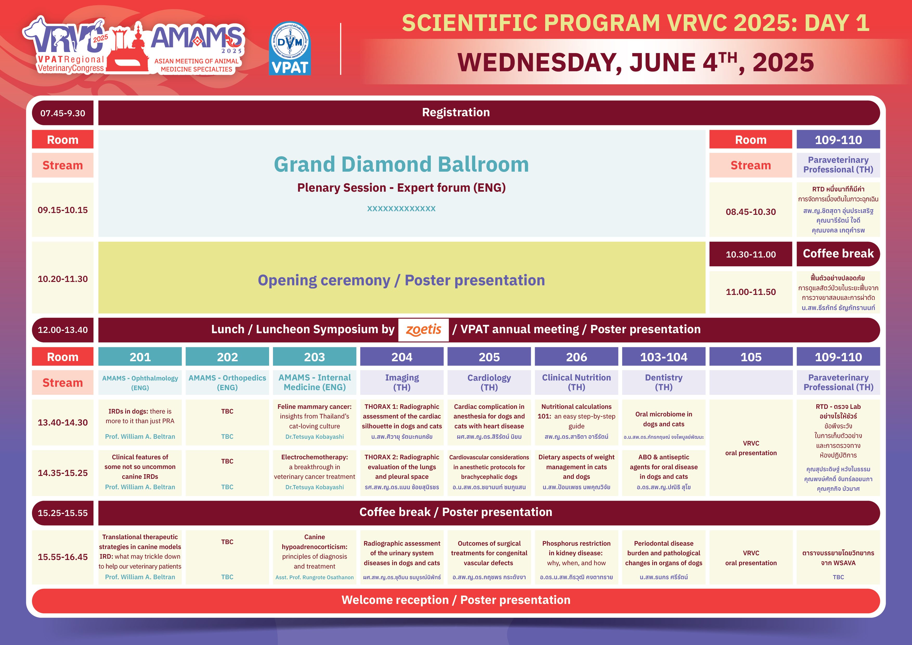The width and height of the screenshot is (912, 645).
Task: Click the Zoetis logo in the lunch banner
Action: (x=424, y=330)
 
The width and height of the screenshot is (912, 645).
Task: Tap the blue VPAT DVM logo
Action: (x=290, y=48)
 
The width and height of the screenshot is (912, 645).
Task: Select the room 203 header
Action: (x=314, y=357)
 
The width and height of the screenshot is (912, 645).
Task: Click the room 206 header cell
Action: (x=576, y=357)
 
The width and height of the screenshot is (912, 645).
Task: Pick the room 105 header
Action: (x=751, y=357)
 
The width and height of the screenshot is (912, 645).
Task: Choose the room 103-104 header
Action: (x=664, y=357)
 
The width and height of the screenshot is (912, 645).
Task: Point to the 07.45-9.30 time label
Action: (x=63, y=113)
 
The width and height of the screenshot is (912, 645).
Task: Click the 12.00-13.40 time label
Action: (x=63, y=330)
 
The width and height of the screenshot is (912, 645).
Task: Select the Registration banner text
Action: (x=455, y=112)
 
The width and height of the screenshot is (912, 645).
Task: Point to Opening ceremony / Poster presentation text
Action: (x=401, y=280)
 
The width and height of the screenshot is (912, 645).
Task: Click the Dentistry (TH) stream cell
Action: (x=664, y=382)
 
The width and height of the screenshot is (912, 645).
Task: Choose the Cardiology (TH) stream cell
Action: (x=489, y=382)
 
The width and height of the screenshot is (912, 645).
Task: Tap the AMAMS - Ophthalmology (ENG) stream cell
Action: (x=140, y=382)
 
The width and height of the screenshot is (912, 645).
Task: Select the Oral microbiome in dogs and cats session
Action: (x=664, y=422)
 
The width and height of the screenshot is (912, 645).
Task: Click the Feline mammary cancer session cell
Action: (x=314, y=422)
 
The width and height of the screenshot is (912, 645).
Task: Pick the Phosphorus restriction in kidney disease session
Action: (x=576, y=557)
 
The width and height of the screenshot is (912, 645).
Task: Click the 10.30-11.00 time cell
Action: (x=751, y=254)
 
